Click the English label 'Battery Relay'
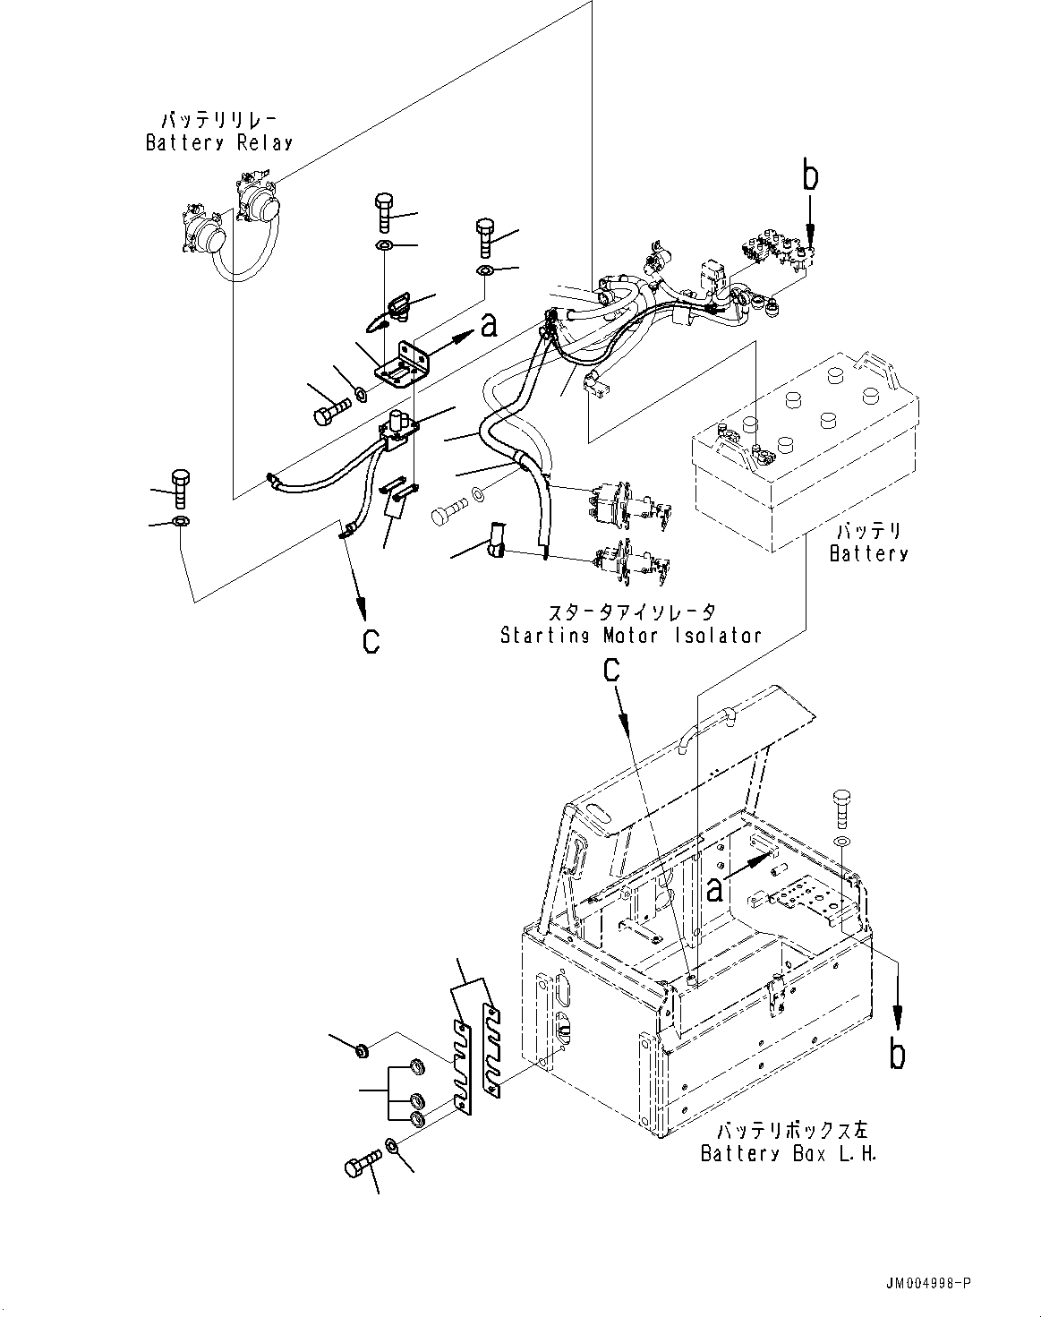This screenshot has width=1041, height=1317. click(x=219, y=142)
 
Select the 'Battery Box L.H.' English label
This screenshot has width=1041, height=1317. click(x=788, y=1153)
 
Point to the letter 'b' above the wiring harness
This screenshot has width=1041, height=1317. click(x=809, y=176)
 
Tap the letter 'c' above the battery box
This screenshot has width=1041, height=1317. click(x=611, y=670)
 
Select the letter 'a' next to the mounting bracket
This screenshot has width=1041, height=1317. click(x=489, y=326)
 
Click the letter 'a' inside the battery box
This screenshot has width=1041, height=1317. click(x=714, y=888)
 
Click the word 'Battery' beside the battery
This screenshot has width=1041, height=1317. click(x=868, y=553)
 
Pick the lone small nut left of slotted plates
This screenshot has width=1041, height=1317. click(x=359, y=1049)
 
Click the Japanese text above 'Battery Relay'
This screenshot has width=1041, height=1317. click(x=219, y=120)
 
